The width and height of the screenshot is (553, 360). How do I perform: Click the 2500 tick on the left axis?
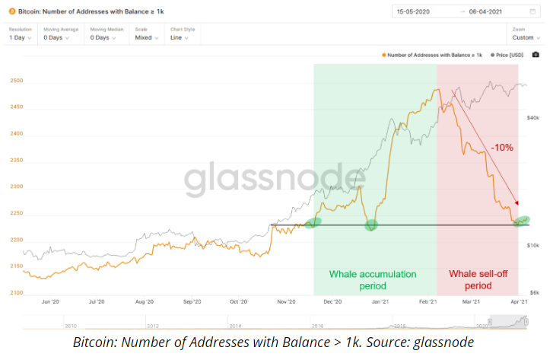17,81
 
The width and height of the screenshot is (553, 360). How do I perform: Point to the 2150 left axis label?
17,266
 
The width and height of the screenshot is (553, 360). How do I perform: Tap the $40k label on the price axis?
533,117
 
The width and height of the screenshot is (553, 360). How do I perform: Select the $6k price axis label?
536,292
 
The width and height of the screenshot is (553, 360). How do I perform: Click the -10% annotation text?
501,147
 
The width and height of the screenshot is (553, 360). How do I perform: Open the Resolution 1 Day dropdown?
20,37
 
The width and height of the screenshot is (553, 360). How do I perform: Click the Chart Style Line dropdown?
181,37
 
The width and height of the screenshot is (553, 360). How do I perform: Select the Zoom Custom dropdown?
525,37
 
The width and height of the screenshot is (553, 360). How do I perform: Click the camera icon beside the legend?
537,55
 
